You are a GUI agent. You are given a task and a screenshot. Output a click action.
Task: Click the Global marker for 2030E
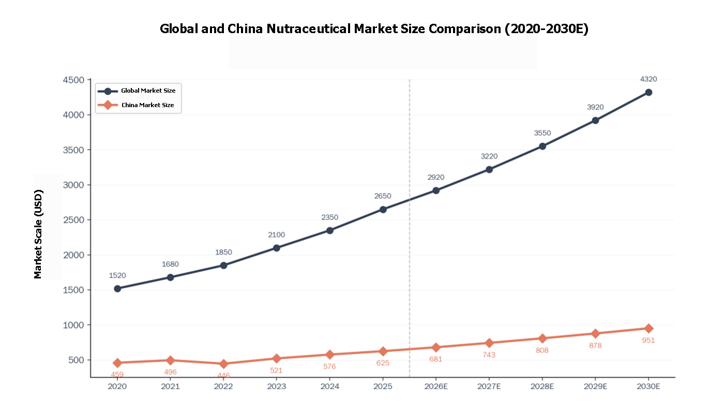(x=648, y=92)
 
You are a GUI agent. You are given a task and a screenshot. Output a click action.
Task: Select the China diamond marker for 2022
(x=223, y=364)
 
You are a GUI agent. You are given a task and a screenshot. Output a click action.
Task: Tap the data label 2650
(x=383, y=196)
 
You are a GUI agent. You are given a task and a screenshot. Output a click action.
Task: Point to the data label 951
(x=648, y=341)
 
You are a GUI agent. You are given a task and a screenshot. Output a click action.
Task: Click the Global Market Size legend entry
(x=148, y=91)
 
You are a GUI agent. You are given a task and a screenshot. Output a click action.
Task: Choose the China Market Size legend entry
(x=147, y=105)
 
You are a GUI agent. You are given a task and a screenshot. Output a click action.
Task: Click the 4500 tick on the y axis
(x=73, y=80)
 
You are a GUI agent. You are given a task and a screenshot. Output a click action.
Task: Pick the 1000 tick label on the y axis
(x=73, y=325)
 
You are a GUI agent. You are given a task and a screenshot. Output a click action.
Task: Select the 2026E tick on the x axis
(x=436, y=387)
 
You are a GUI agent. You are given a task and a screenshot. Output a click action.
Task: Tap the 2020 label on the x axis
(x=117, y=387)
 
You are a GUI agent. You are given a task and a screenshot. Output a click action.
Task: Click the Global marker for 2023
(x=277, y=248)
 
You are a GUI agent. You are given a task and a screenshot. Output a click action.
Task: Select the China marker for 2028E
(x=542, y=338)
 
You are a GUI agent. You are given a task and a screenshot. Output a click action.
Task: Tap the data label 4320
(x=648, y=79)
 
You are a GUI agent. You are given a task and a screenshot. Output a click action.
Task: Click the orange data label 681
(x=436, y=359)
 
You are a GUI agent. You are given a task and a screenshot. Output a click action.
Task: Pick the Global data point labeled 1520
(x=117, y=288)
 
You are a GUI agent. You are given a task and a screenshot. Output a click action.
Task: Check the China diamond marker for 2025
(x=383, y=351)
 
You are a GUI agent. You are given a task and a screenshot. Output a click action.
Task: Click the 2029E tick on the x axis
(x=595, y=387)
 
